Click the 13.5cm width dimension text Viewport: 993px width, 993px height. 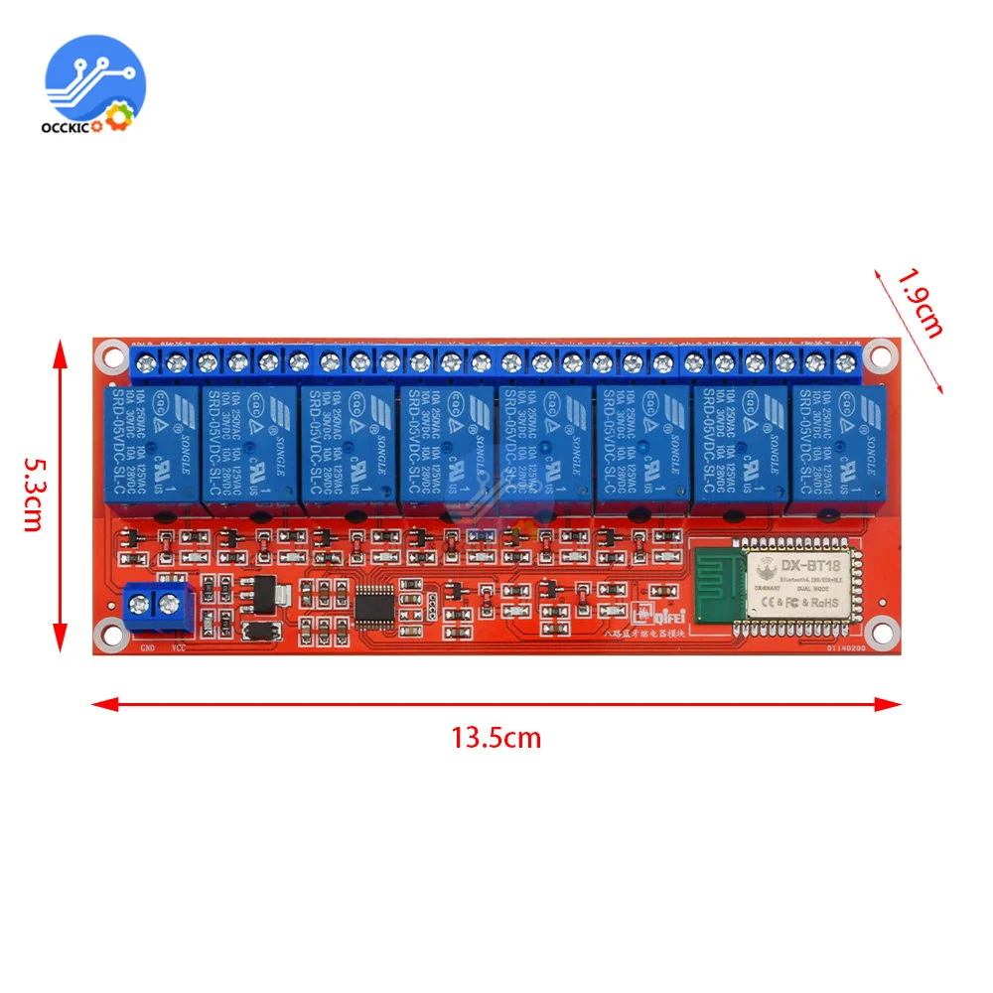pos(496,738)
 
